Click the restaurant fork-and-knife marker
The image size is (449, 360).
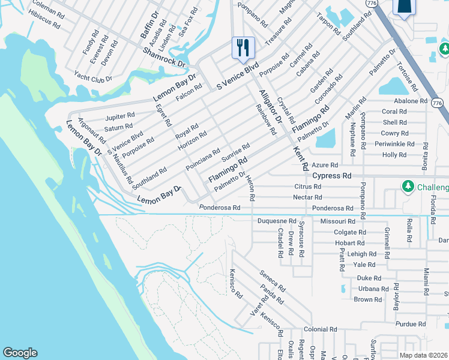(243, 48)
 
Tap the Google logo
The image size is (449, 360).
(20, 353)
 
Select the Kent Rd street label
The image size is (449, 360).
(300, 157)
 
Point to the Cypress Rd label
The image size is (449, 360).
(332, 176)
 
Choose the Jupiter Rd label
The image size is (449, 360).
(120, 116)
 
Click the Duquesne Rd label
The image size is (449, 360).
(277, 221)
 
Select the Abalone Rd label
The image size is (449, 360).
(411, 101)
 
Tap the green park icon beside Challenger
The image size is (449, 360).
(408, 187)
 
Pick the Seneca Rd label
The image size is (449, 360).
(272, 281)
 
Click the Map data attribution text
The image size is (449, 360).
(424, 355)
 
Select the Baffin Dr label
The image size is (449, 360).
(149, 25)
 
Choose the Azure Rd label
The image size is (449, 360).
(325, 164)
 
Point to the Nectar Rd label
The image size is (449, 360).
(307, 197)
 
